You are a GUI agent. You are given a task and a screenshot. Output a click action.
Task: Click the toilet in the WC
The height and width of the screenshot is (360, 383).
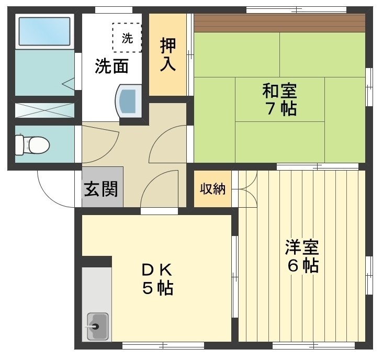pos(31,144)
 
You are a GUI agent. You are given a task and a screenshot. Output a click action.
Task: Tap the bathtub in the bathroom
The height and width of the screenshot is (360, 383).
pos(44,32)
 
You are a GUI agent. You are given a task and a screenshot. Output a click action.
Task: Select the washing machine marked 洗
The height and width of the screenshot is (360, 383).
pos(127,38)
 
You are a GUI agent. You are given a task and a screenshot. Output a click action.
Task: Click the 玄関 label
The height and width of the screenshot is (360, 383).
pos(102,188)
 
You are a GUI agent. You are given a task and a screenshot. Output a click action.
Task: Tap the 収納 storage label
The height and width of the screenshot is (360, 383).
pos(212,189)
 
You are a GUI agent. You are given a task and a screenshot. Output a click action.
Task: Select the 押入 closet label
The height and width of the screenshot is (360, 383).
pos(168,54)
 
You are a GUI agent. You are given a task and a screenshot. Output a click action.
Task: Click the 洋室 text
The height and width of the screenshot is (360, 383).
pos(302,246)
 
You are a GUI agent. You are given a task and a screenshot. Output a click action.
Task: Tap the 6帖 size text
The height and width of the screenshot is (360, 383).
pos(302,266)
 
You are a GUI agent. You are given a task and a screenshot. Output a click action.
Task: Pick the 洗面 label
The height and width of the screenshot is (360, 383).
pos(111,66)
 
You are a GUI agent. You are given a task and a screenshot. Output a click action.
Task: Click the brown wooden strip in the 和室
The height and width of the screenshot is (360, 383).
pos(279,23)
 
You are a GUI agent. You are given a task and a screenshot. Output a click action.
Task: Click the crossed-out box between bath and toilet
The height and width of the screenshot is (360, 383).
pos(44,110)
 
